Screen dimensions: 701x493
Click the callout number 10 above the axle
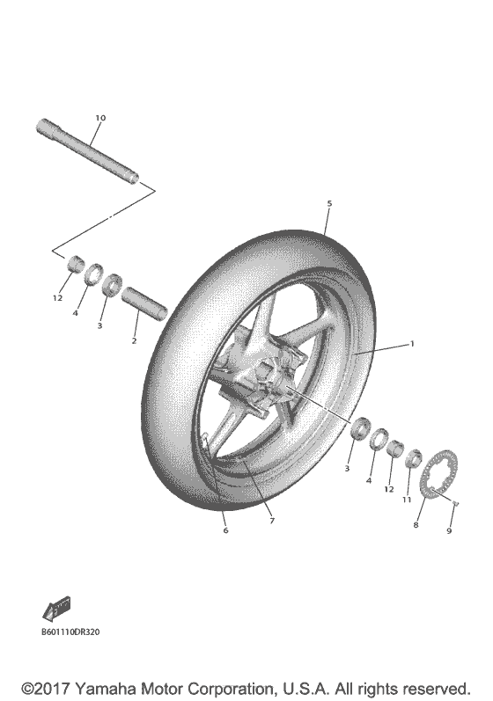(x=99, y=117)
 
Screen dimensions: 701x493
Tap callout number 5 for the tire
(x=329, y=204)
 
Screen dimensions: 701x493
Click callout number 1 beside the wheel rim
(x=410, y=345)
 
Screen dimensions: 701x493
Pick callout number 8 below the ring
(x=416, y=524)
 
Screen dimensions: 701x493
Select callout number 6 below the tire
(x=225, y=530)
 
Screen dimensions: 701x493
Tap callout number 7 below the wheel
(x=272, y=521)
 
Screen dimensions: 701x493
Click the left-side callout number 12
(x=57, y=297)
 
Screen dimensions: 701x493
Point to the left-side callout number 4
(x=77, y=312)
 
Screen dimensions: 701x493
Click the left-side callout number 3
(x=99, y=325)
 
